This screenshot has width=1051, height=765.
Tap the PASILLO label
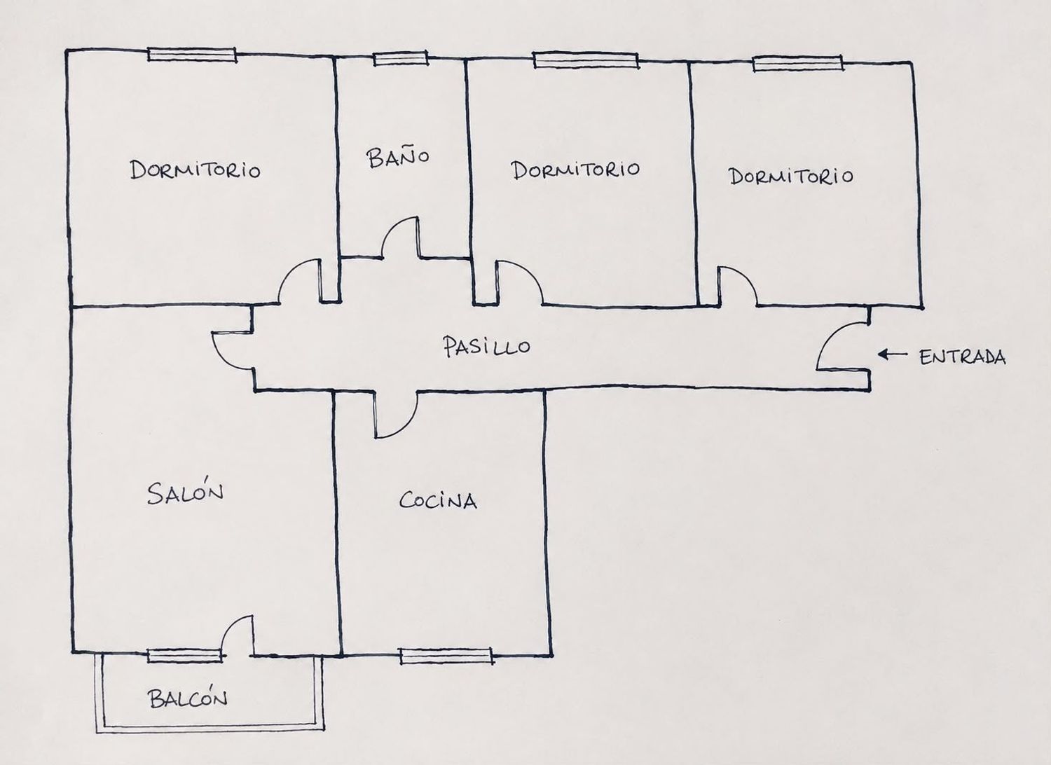pyautogui.click(x=486, y=346)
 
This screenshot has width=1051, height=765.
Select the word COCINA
pyautogui.click(x=438, y=500)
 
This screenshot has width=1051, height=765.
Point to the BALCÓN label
pyautogui.click(x=188, y=698)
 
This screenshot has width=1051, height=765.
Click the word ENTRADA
pyautogui.click(x=962, y=357)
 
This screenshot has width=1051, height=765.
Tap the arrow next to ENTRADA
pyautogui.click(x=893, y=354)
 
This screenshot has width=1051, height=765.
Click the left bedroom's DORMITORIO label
pyautogui.click(x=195, y=170)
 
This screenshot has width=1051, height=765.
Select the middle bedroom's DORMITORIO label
pyautogui.click(x=575, y=170)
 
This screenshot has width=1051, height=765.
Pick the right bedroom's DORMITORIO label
pyautogui.click(x=791, y=177)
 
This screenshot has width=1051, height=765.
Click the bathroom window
pyautogui.click(x=401, y=59)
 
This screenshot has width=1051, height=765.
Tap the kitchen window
pyautogui.click(x=446, y=656)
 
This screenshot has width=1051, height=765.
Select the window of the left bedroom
pyautogui.click(x=192, y=55)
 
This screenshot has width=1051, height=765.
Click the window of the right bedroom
pyautogui.click(x=798, y=63)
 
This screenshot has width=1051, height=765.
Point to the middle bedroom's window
pyautogui.click(x=586, y=60)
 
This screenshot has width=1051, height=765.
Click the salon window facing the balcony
pyautogui.click(x=184, y=656)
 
